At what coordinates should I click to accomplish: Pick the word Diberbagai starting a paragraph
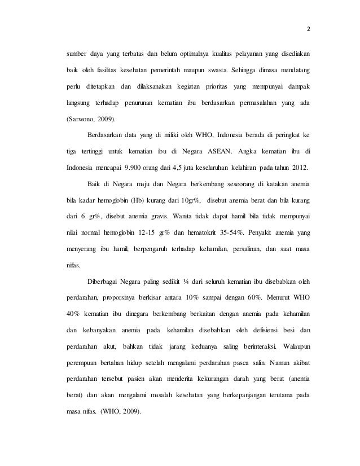coord(105,280)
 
